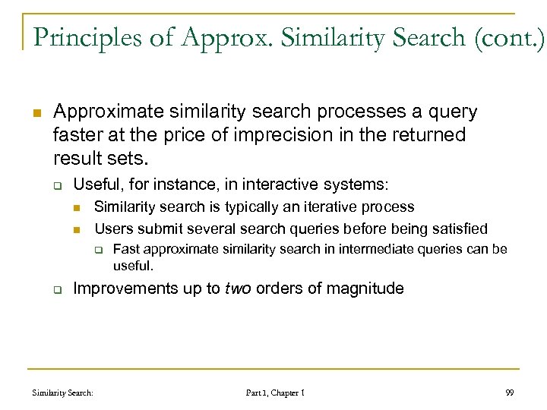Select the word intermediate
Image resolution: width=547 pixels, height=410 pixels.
tap(373, 249)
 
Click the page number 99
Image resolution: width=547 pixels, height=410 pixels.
tap(509, 393)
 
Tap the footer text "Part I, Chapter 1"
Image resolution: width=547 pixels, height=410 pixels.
tap(275, 393)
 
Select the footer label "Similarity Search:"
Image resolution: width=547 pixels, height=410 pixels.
tap(63, 393)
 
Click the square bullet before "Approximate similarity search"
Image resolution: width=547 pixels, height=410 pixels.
tap(35, 112)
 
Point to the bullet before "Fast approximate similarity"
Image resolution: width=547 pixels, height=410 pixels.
tap(97, 250)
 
